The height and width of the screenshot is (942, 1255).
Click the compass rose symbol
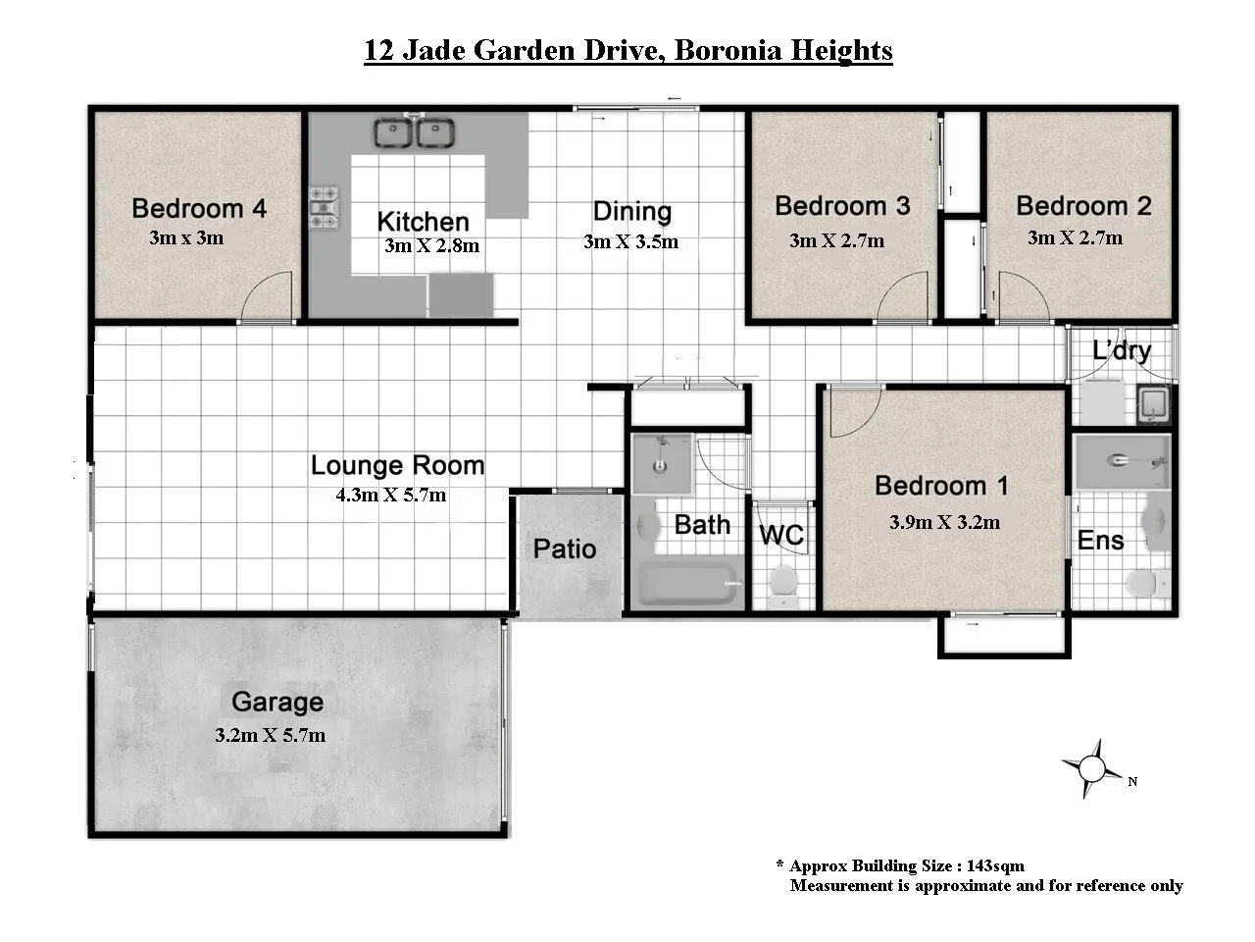1090,767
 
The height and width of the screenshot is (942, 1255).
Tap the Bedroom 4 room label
199,208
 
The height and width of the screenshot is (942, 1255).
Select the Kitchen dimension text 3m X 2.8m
431,245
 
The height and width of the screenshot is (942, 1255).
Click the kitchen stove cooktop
324,208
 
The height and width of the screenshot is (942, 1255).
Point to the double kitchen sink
413,132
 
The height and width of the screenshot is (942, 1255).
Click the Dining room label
631,212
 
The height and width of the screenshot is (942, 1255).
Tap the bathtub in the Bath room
688,584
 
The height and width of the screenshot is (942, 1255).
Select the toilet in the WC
783,581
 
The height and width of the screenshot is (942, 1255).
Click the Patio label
564,549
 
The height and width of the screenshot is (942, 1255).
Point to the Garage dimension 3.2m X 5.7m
270,735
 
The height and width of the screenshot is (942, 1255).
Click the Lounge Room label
397,465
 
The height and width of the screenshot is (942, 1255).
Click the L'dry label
1122,350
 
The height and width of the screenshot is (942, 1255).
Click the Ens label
1100,540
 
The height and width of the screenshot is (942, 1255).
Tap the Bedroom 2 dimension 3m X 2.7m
1075,237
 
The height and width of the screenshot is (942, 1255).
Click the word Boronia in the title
733,50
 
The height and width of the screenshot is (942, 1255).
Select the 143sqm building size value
995,865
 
